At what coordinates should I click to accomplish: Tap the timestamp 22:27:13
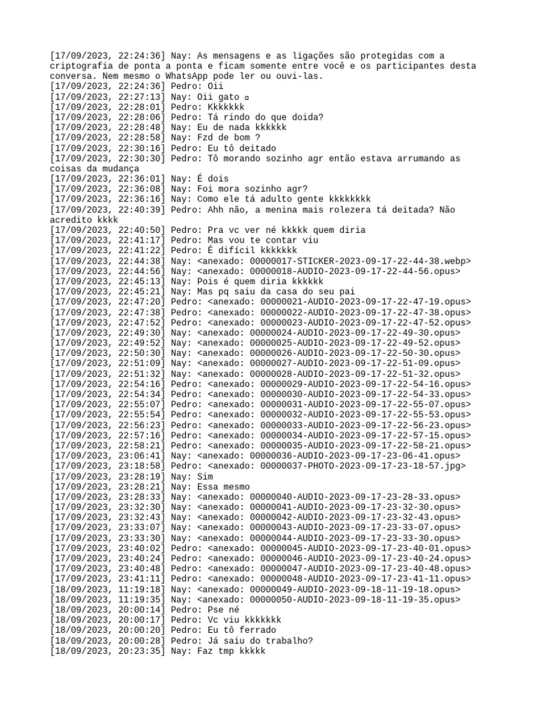click(x=141, y=96)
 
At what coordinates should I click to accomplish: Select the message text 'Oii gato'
click(x=210, y=96)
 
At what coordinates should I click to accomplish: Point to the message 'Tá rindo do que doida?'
click(x=266, y=117)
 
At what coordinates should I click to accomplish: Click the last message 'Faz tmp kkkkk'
click(x=231, y=651)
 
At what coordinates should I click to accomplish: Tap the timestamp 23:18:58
click(x=141, y=466)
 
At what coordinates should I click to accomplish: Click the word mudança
click(x=112, y=169)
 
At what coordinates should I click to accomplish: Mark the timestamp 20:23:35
click(x=141, y=651)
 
